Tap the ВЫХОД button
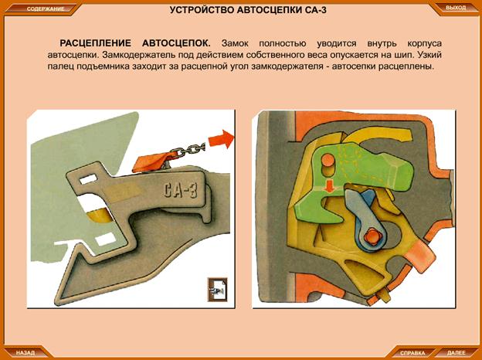(456, 8)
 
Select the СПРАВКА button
(412, 353)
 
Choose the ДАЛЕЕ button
(457, 352)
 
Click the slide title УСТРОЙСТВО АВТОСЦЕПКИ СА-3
(248, 10)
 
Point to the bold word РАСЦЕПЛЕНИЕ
(95, 43)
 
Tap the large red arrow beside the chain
(221, 139)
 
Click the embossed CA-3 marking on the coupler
(180, 190)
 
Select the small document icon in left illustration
(217, 289)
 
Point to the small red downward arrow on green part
(330, 186)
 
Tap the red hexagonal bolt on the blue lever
(372, 237)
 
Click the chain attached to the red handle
(188, 149)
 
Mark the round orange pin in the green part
(328, 161)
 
